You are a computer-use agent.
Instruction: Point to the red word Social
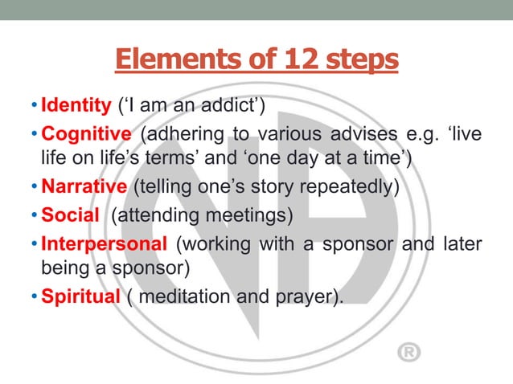pos(68,214)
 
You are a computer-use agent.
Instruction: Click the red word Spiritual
pos(80,297)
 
